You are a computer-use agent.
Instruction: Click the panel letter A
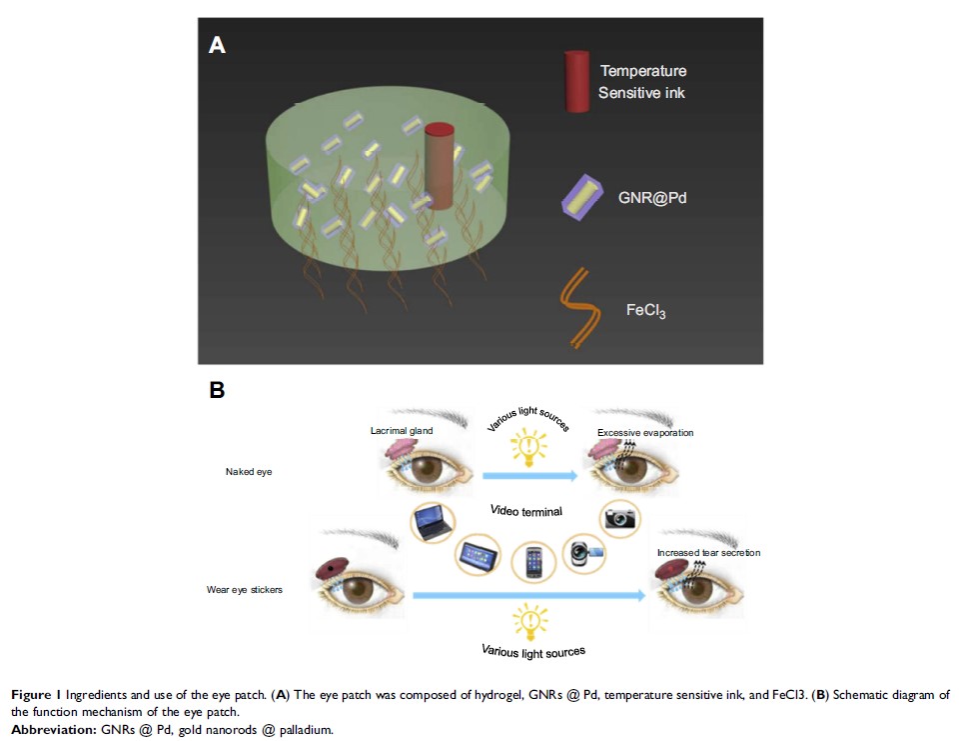pyautogui.click(x=217, y=45)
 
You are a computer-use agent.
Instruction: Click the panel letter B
pyautogui.click(x=216, y=390)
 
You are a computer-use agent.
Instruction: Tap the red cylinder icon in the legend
pyautogui.click(x=578, y=79)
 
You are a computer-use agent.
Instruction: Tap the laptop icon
pyautogui.click(x=434, y=521)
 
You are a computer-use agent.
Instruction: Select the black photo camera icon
pyautogui.click(x=620, y=517)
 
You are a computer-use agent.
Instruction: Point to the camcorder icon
pyautogui.click(x=580, y=552)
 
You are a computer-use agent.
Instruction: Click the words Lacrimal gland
pyautogui.click(x=400, y=431)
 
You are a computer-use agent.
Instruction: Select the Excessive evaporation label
pyautogui.click(x=645, y=433)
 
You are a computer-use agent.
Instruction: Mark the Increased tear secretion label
pyautogui.click(x=708, y=552)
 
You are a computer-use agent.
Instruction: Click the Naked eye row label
pyautogui.click(x=249, y=471)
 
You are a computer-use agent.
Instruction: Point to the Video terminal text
pyautogui.click(x=525, y=511)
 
